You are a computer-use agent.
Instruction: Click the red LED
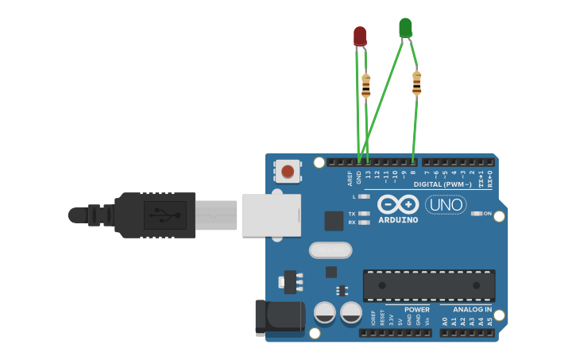click(360, 36)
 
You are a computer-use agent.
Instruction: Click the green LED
click(405, 28)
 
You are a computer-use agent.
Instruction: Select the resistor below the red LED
click(365, 86)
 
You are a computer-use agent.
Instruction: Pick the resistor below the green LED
click(416, 83)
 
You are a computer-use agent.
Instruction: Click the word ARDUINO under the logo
click(398, 220)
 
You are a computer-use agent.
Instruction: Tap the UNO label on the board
click(446, 204)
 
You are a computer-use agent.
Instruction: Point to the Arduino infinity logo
click(398, 203)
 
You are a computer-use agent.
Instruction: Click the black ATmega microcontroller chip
click(429, 285)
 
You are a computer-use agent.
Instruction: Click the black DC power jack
click(280, 317)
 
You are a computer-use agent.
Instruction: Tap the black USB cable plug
click(155, 215)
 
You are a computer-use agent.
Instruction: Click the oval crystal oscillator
click(331, 250)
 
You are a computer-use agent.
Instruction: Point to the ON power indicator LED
click(477, 213)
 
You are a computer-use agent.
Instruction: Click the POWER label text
click(417, 310)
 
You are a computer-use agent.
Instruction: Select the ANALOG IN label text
click(472, 310)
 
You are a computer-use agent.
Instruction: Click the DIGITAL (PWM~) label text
click(443, 184)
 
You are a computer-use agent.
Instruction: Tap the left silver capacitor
click(325, 312)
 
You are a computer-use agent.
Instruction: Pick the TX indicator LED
click(364, 214)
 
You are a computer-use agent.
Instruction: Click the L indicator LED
click(364, 196)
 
